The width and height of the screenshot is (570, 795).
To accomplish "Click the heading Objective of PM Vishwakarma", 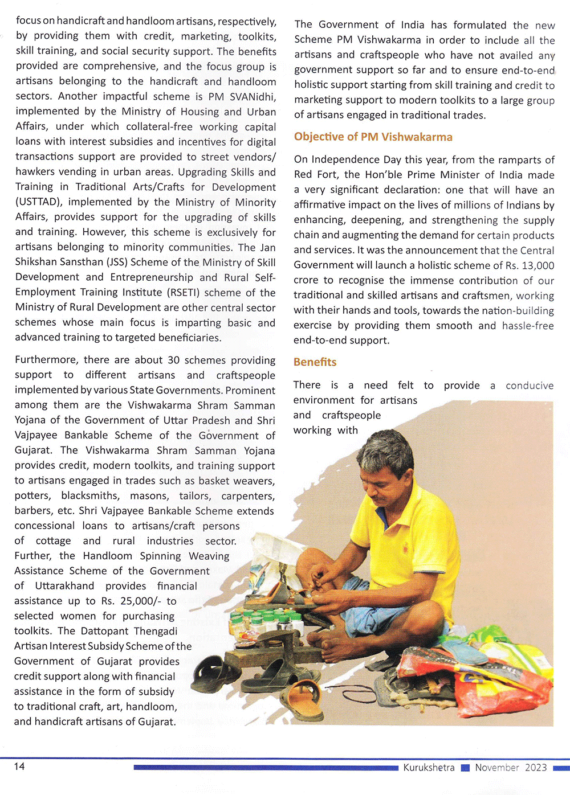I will (x=373, y=137).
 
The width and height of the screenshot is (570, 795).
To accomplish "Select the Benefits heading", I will (x=315, y=362).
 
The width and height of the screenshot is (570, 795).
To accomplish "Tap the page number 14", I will (x=19, y=767).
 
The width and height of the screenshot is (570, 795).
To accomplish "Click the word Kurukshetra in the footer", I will (x=429, y=768).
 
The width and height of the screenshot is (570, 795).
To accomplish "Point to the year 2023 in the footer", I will (x=536, y=768).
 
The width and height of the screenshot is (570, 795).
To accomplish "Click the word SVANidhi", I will (x=253, y=96).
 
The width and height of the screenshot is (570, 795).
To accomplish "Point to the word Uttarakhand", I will (x=64, y=586).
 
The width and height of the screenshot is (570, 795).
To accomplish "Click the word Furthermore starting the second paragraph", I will (x=46, y=360).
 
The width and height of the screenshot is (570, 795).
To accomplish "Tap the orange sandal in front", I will (x=302, y=698).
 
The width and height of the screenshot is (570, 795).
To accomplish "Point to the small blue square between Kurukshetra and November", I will (x=465, y=768).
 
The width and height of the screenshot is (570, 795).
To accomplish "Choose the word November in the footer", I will (x=497, y=768).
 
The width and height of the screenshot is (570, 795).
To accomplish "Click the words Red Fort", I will (x=316, y=175).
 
